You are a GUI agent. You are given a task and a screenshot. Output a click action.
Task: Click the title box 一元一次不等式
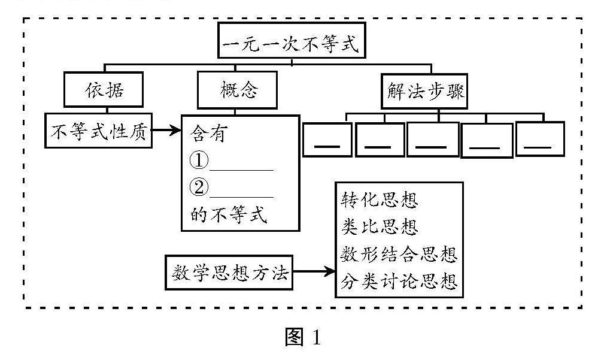(292, 41)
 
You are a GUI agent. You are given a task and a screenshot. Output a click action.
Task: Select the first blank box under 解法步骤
(327, 140)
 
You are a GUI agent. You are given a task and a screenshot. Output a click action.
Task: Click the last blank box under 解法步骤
(540, 139)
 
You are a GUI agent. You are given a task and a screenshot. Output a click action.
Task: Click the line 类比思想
(380, 227)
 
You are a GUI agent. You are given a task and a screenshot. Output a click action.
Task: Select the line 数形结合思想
(399, 254)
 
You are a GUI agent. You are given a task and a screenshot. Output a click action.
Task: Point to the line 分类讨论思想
(399, 281)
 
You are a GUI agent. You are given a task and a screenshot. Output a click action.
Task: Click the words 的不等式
(229, 215)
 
